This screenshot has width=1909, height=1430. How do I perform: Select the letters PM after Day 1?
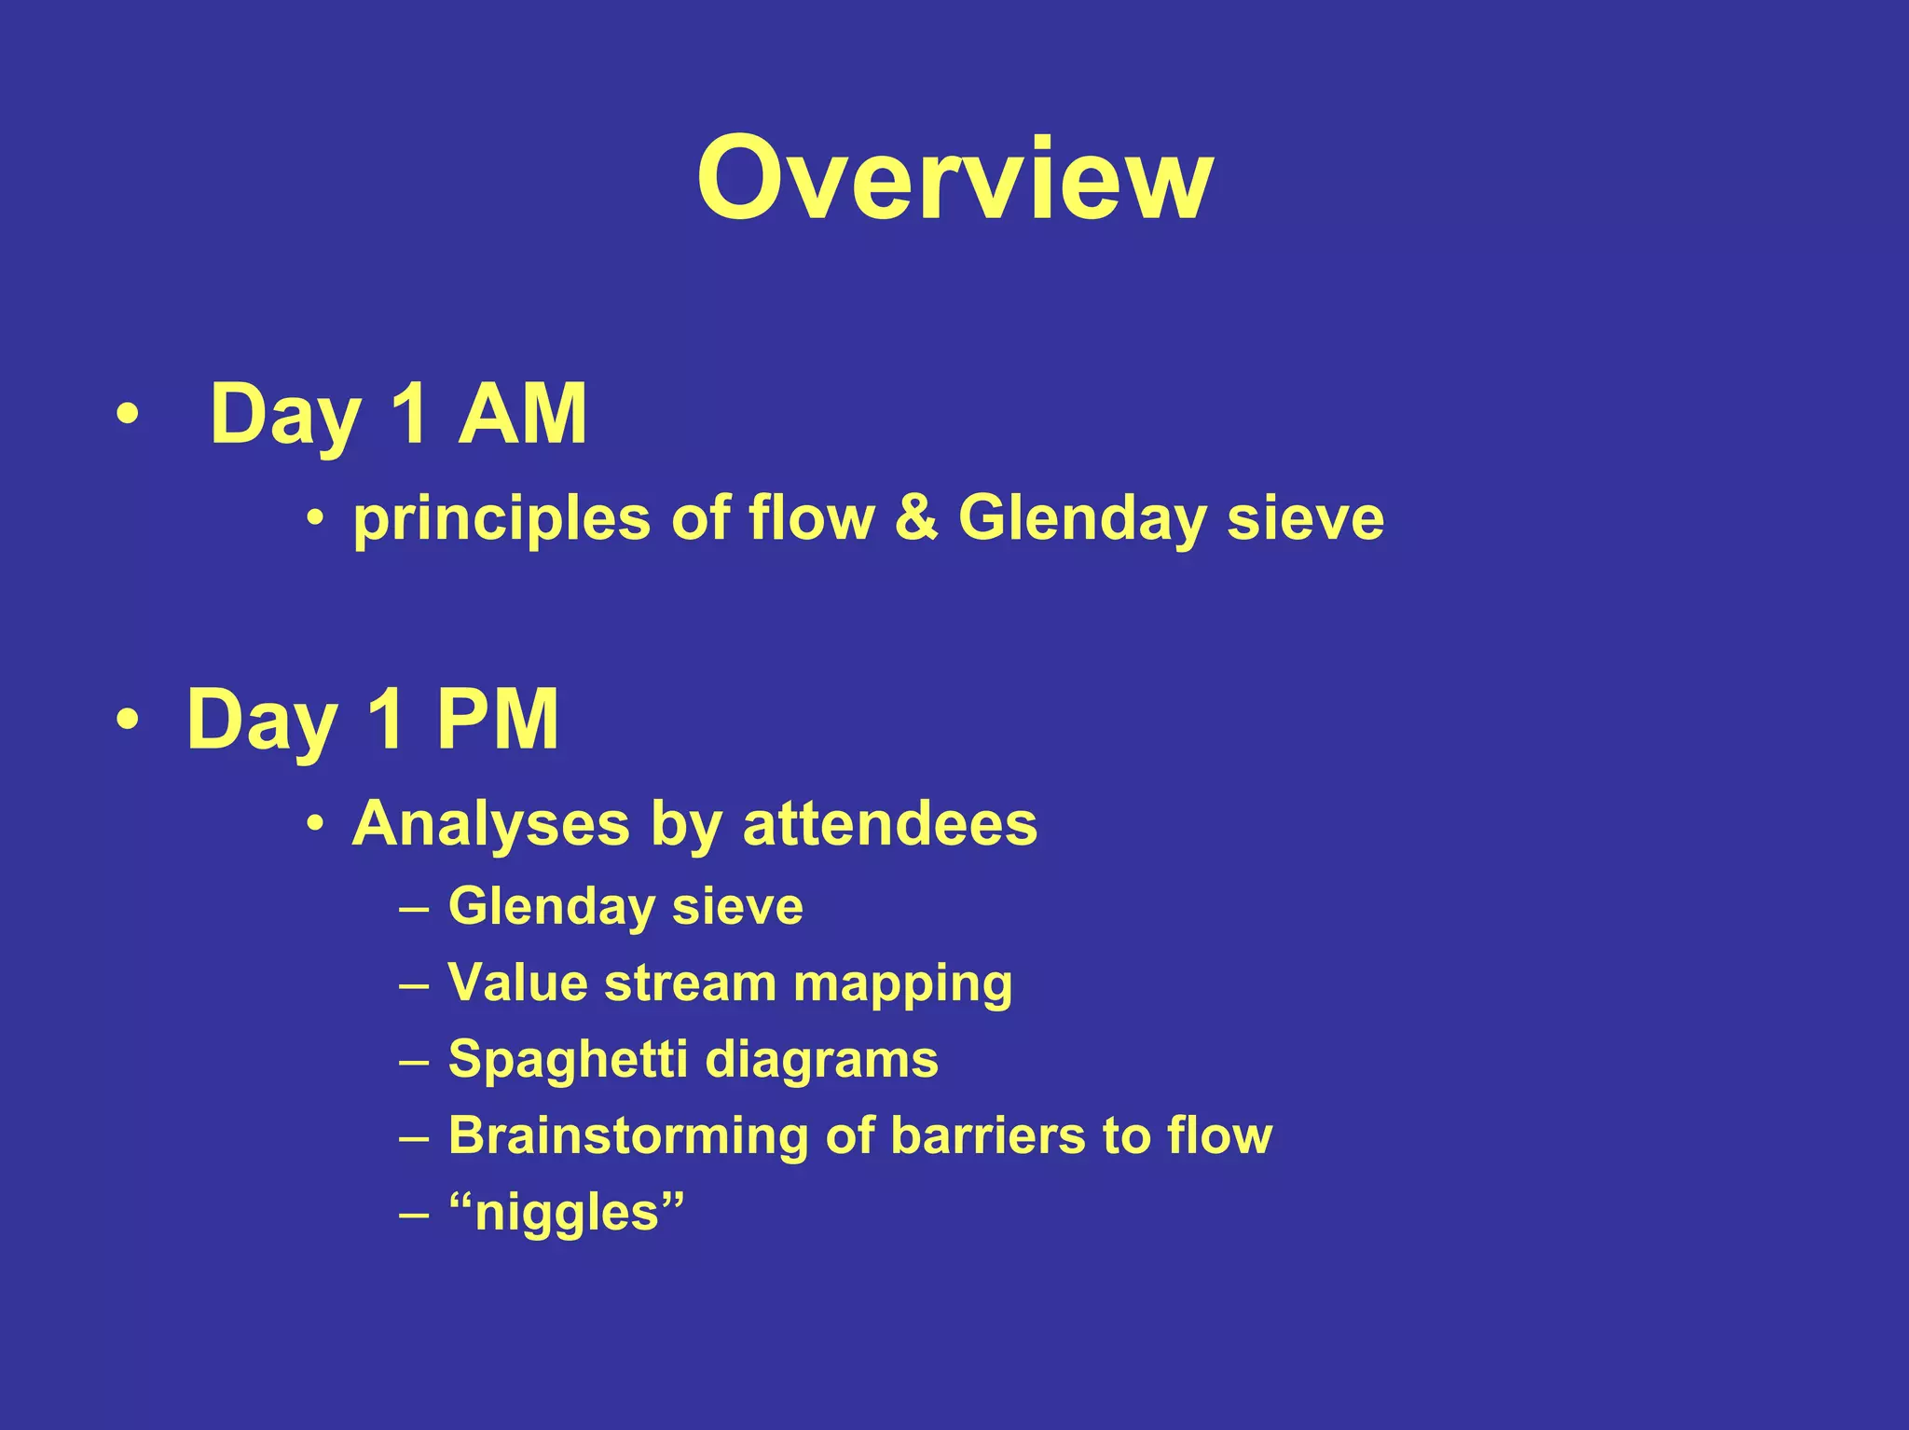point(497,719)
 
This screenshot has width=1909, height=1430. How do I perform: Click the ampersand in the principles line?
point(916,517)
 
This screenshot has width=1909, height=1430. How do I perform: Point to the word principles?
point(501,519)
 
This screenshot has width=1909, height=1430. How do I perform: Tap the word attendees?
point(889,825)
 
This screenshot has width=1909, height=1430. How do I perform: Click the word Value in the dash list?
point(516,983)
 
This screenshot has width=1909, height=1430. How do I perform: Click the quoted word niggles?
point(567,1214)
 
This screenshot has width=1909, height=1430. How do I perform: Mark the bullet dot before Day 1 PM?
point(128,719)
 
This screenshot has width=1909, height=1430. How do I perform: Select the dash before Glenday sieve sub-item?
point(414,907)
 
